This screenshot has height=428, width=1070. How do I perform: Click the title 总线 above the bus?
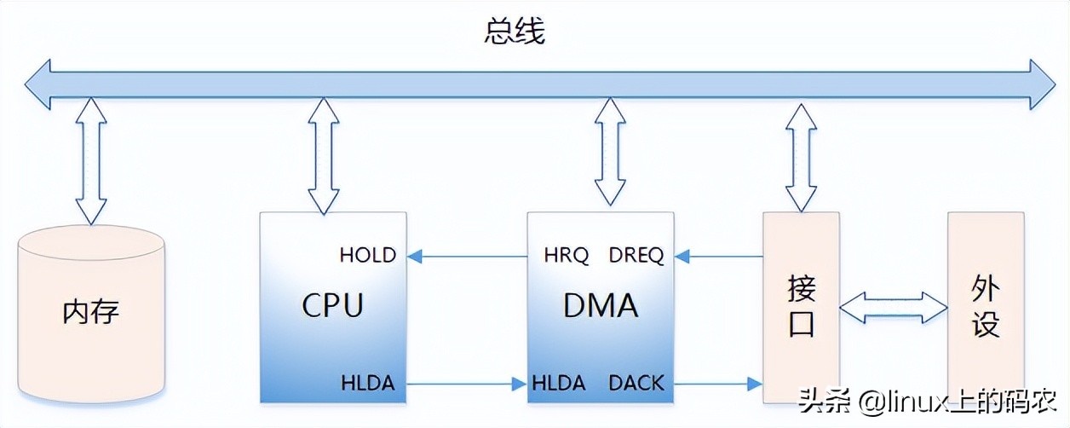coord(514,32)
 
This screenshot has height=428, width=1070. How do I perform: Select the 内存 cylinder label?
coord(91,311)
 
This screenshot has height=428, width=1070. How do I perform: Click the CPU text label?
coord(332,305)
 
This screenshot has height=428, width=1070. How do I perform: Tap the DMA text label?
coord(601,305)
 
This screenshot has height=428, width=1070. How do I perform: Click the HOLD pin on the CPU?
coord(367,256)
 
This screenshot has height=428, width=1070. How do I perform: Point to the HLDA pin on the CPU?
coord(367,384)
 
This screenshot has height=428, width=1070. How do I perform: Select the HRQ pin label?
coord(566,256)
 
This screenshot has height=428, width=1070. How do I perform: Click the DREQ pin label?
coord(636,256)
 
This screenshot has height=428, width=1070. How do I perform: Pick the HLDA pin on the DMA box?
coord(559,384)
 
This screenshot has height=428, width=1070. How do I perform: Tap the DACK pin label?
coord(636,384)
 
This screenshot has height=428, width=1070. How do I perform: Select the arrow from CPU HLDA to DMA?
coord(464,384)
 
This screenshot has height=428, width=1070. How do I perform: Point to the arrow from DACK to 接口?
coord(718,384)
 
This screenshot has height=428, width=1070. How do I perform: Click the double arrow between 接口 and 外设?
coord(894,307)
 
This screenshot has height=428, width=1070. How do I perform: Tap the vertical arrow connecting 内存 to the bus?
coord(91,160)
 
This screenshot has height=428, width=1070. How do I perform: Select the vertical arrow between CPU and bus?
coord(323,155)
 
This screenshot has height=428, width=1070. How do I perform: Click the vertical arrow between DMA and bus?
coord(610,151)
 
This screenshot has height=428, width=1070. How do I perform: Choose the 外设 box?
coord(986,307)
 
